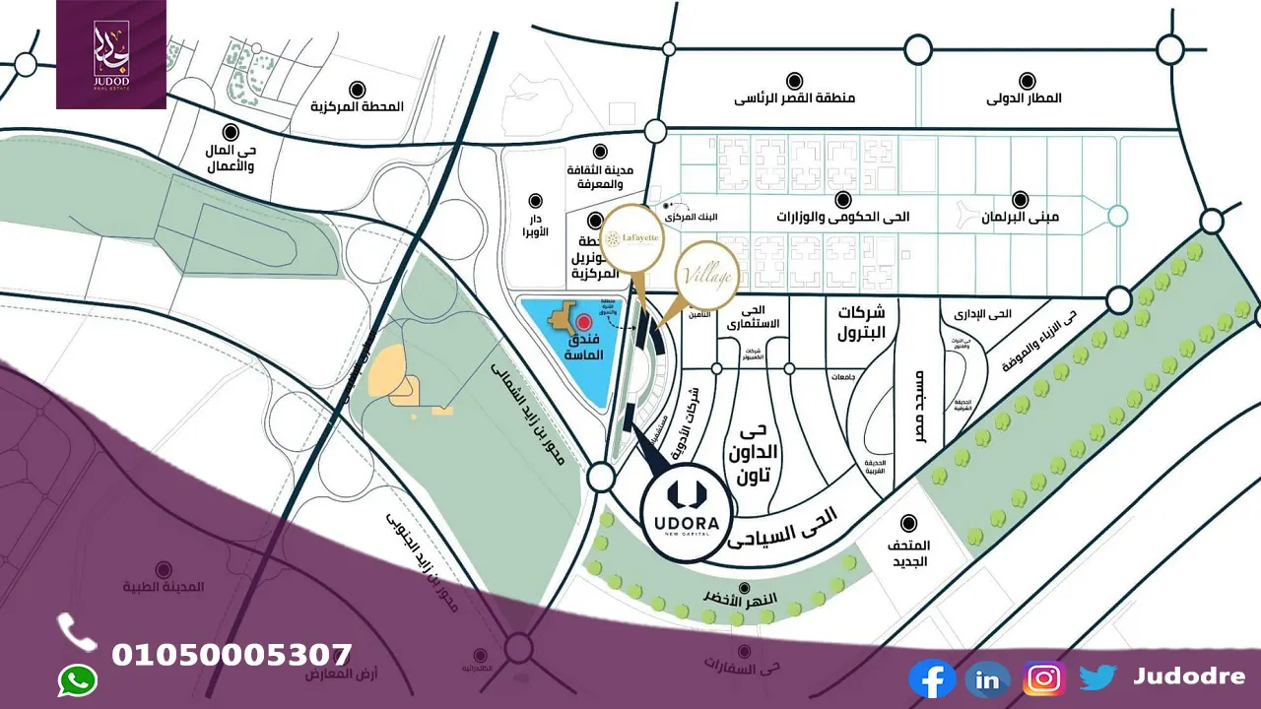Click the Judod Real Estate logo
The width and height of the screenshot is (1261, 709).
pos(111,54)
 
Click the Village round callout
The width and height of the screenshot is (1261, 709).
pos(707,277)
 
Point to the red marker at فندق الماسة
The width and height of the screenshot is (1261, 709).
pos(582,322)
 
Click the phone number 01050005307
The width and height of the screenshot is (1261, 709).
pos(232,655)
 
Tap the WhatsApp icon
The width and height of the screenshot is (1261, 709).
pos(78,680)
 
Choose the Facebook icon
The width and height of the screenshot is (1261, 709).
pos(931,678)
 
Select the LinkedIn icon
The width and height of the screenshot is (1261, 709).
pos(987,678)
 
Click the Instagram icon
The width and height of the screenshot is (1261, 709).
pos(1043,678)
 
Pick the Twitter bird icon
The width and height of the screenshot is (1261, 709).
pos(1097,677)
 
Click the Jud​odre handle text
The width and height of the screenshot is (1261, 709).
pos(1188,677)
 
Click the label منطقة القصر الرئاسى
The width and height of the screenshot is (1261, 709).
pos(795,98)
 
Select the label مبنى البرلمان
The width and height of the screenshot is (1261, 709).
pos(1021,216)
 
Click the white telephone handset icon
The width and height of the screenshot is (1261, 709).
pos(76,632)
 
